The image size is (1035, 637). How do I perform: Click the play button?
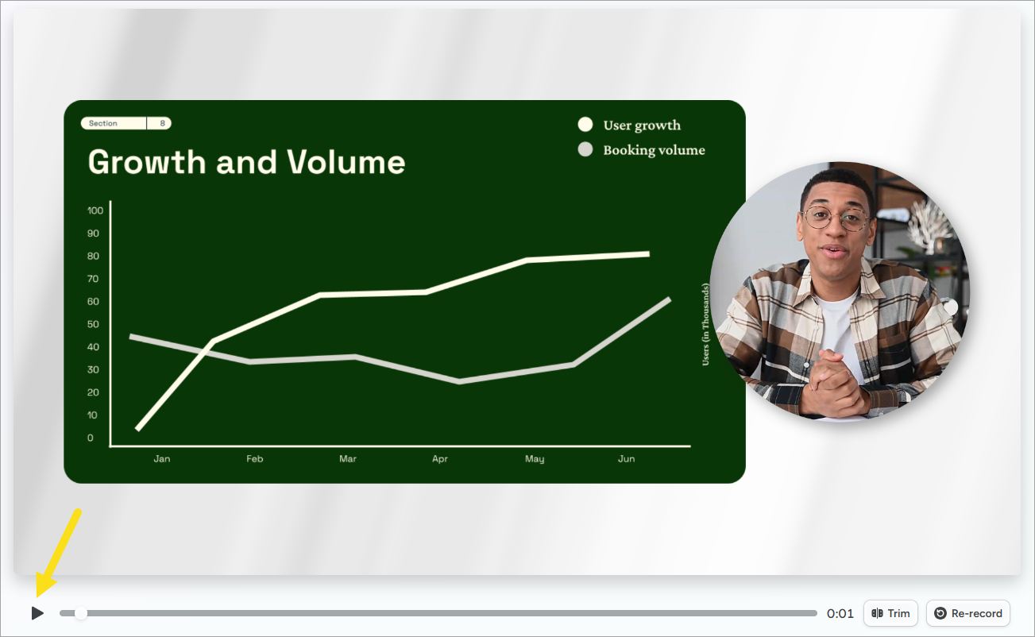coord(37,613)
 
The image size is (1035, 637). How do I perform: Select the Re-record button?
coord(968,613)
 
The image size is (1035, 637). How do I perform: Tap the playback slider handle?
coord(81,613)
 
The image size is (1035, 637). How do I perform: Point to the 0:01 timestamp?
coord(840,613)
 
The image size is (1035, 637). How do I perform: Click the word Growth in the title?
coord(147,162)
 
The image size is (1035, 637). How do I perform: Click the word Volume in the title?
coord(346,162)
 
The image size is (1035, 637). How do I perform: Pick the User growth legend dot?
coord(585,124)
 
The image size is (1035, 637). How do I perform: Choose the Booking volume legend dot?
coord(585,149)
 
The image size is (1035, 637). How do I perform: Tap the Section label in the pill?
coord(103,123)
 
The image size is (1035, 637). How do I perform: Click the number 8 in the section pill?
coord(163,123)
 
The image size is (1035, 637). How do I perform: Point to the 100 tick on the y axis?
coord(95,210)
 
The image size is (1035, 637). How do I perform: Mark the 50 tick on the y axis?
coord(94,324)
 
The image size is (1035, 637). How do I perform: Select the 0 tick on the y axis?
coord(90,438)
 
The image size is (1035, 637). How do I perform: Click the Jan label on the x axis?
coord(162,459)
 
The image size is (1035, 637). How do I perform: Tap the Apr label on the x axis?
coord(440,459)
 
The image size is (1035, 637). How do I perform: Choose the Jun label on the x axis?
coord(627,459)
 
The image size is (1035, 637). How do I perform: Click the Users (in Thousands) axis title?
coord(705,325)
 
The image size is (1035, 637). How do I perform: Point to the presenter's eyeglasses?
coord(836,219)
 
